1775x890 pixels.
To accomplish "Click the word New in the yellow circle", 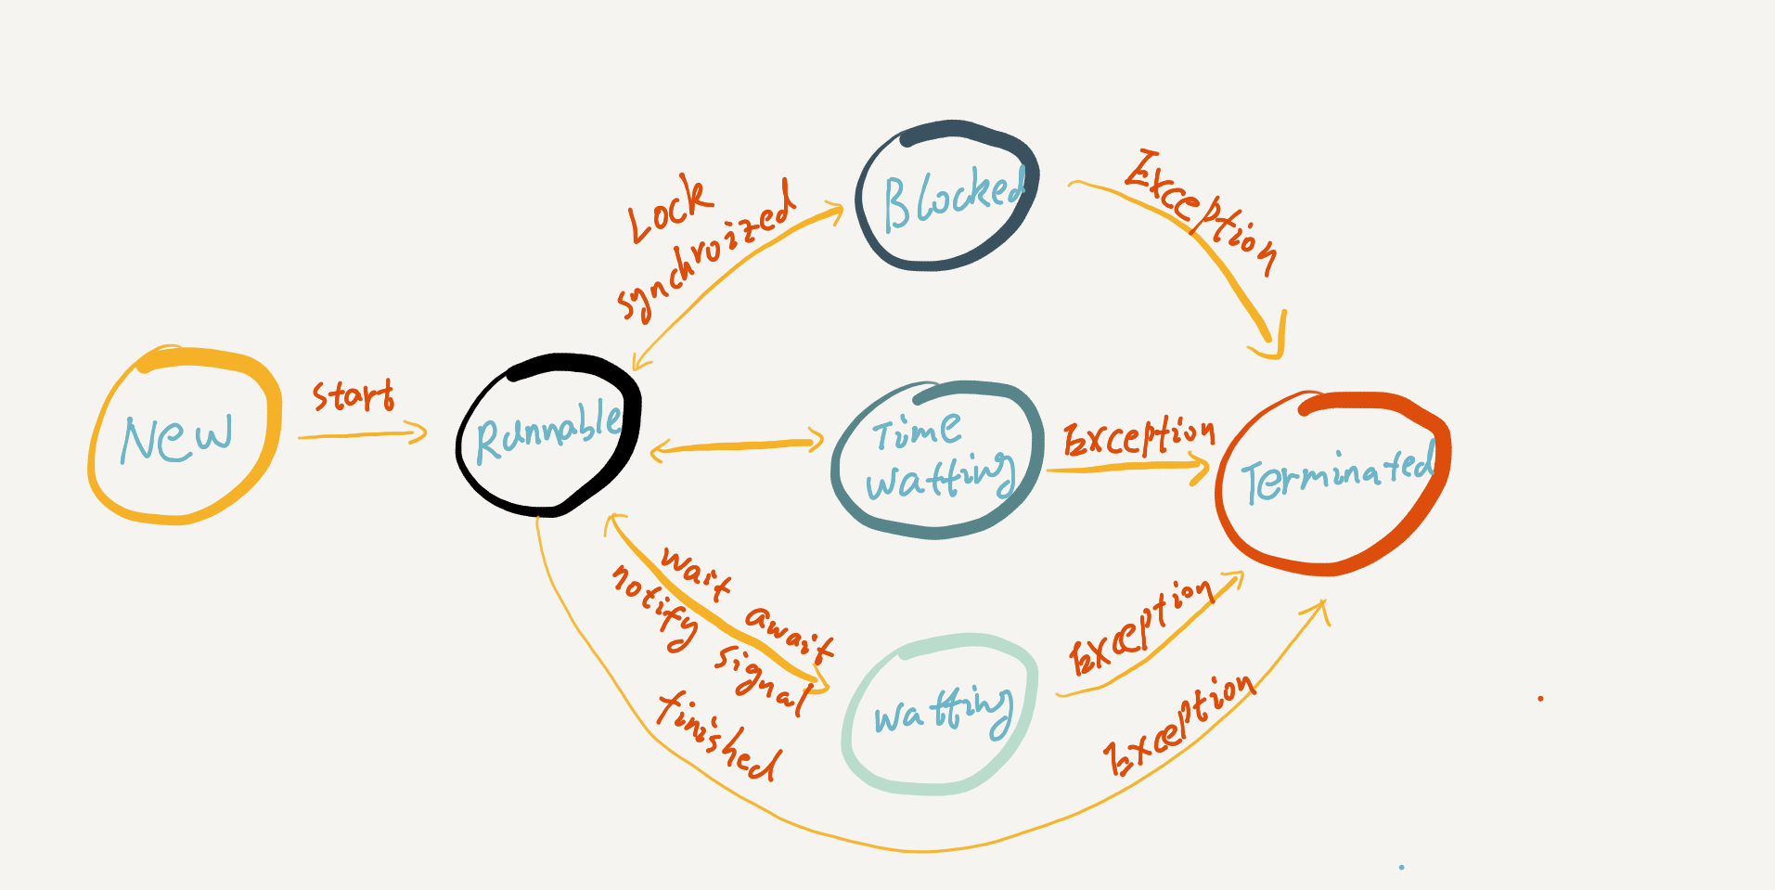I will coord(176,438).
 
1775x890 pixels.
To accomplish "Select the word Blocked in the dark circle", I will coord(952,197).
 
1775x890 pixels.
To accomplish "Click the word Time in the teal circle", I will coord(916,431).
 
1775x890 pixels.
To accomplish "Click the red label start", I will coord(353,396).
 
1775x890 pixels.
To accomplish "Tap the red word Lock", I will coord(669,210).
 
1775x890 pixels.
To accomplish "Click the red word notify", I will coord(655,607).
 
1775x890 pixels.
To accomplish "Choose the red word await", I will coord(790,632).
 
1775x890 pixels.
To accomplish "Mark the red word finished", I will coord(719,737).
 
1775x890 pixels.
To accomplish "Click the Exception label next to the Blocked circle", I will coord(1203,212).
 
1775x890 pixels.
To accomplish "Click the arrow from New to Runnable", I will coord(362,433).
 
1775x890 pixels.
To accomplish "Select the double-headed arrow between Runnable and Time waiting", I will coord(737,446).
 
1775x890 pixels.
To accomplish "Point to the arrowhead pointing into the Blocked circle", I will coord(833,212).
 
